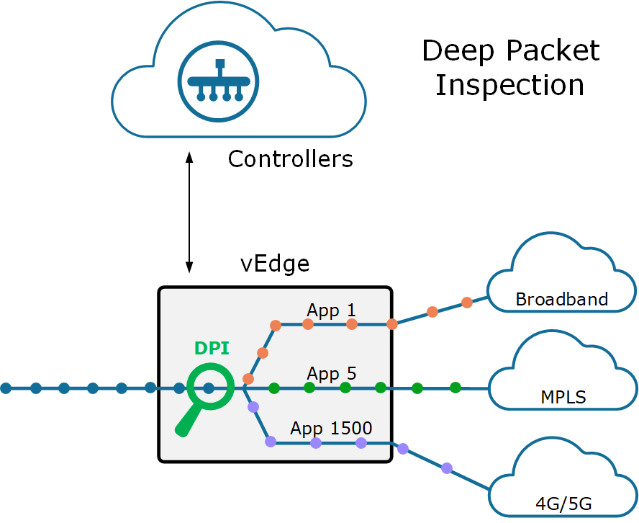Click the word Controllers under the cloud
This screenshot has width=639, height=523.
point(290,158)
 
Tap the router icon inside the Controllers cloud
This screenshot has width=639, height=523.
point(218,81)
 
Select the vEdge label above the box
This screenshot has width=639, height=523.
point(274,264)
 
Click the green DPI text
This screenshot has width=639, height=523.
point(212,349)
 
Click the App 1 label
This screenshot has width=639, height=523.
point(331,310)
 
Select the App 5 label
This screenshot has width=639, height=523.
point(331,374)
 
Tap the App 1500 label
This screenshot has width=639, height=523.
point(331,429)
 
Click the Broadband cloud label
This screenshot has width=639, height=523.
point(561,299)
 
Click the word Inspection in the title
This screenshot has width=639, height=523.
point(509,85)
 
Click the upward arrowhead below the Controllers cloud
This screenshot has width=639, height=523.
point(189,156)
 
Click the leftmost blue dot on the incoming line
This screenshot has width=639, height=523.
point(6,388)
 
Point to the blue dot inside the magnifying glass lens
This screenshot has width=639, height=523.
point(209,388)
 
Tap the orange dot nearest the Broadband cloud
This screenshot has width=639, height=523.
point(466,303)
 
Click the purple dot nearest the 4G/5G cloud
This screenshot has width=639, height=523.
point(447,468)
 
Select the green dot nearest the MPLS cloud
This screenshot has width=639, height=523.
point(455,388)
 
